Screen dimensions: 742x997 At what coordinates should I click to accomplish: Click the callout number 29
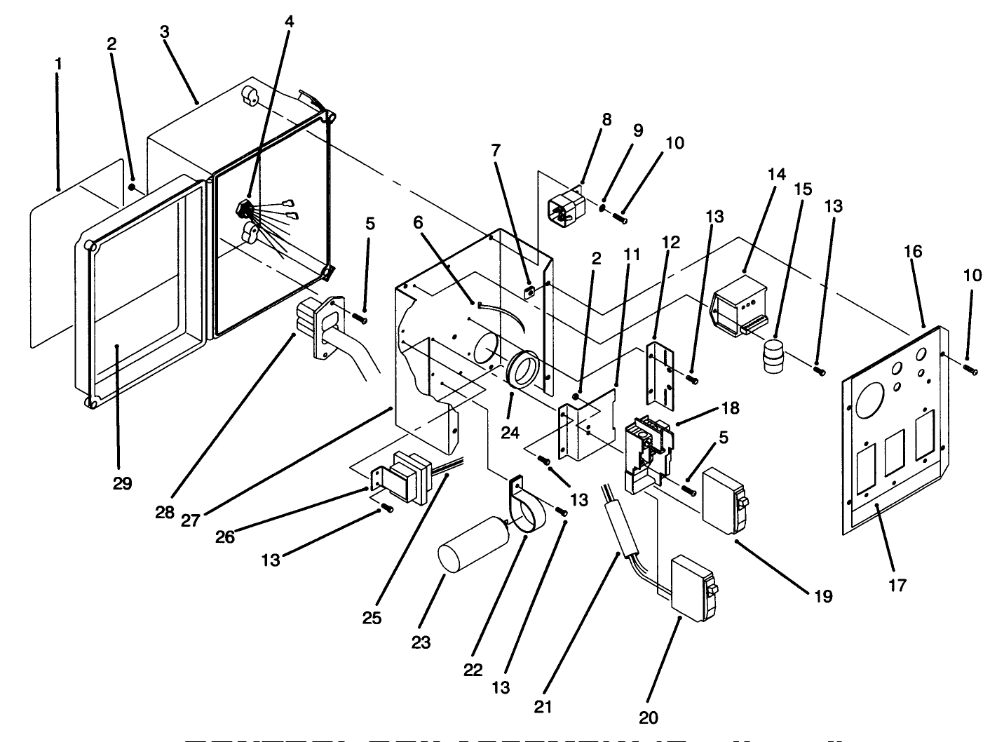pos(122,483)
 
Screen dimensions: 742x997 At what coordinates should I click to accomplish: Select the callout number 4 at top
pos(289,21)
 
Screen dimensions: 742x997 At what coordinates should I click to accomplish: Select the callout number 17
pos(897,584)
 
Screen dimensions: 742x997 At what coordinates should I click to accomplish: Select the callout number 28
pos(165,511)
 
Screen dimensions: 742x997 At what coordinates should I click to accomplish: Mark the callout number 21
pos(543,707)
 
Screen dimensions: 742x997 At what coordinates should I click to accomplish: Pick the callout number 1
pos(59,64)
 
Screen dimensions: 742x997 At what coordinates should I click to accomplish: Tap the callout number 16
pos(913,251)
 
